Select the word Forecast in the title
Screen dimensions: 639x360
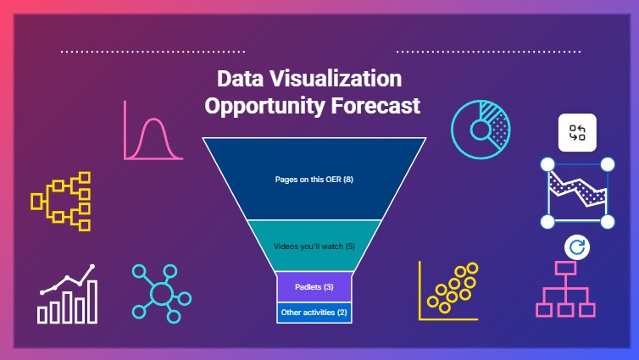pos(375,106)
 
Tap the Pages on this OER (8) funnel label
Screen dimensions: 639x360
pos(314,180)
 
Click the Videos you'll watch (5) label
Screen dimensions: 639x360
pos(314,246)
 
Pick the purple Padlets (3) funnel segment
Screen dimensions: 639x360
pos(314,287)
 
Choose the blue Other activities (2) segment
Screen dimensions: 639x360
pos(314,313)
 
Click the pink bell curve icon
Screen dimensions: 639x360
pos(153,130)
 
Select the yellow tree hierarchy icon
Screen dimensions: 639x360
pos(61,202)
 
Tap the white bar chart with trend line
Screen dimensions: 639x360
pos(68,294)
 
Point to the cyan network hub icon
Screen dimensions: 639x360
pos(162,294)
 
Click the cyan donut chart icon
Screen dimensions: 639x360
pos(481,130)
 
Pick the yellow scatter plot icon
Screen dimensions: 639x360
pos(448,291)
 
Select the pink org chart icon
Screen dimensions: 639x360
pos(565,290)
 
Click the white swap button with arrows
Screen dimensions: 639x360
pos(577,133)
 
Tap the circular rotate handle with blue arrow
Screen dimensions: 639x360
pos(577,247)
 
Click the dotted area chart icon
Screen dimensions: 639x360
pos(577,193)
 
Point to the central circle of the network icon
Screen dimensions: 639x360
pos(162,294)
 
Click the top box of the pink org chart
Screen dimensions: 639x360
pos(565,268)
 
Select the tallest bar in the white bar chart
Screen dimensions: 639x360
pos(93,302)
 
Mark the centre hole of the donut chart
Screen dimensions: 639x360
pos(481,130)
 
